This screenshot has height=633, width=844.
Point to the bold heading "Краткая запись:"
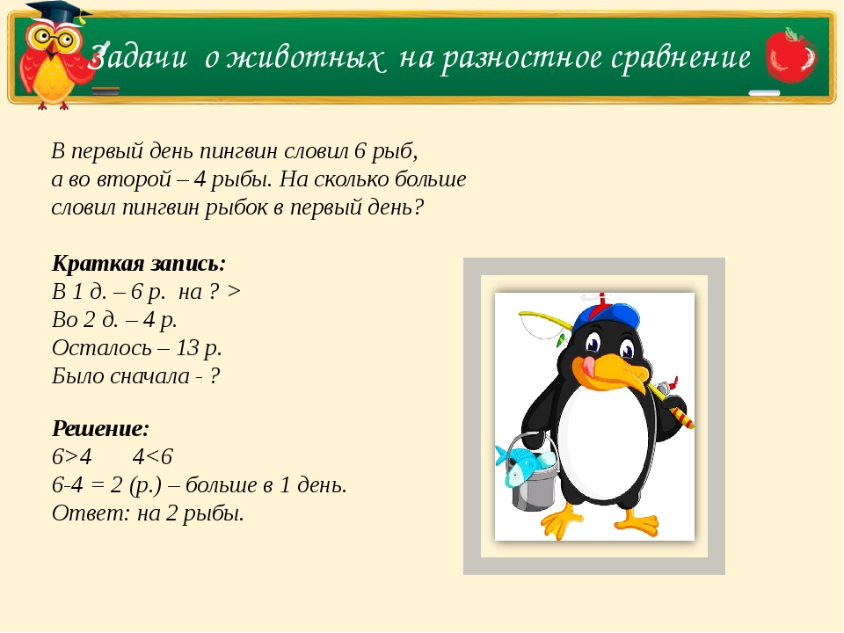[x=139, y=264]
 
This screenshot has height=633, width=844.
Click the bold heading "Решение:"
[x=101, y=429]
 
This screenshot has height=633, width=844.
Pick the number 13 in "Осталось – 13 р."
[x=187, y=347]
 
